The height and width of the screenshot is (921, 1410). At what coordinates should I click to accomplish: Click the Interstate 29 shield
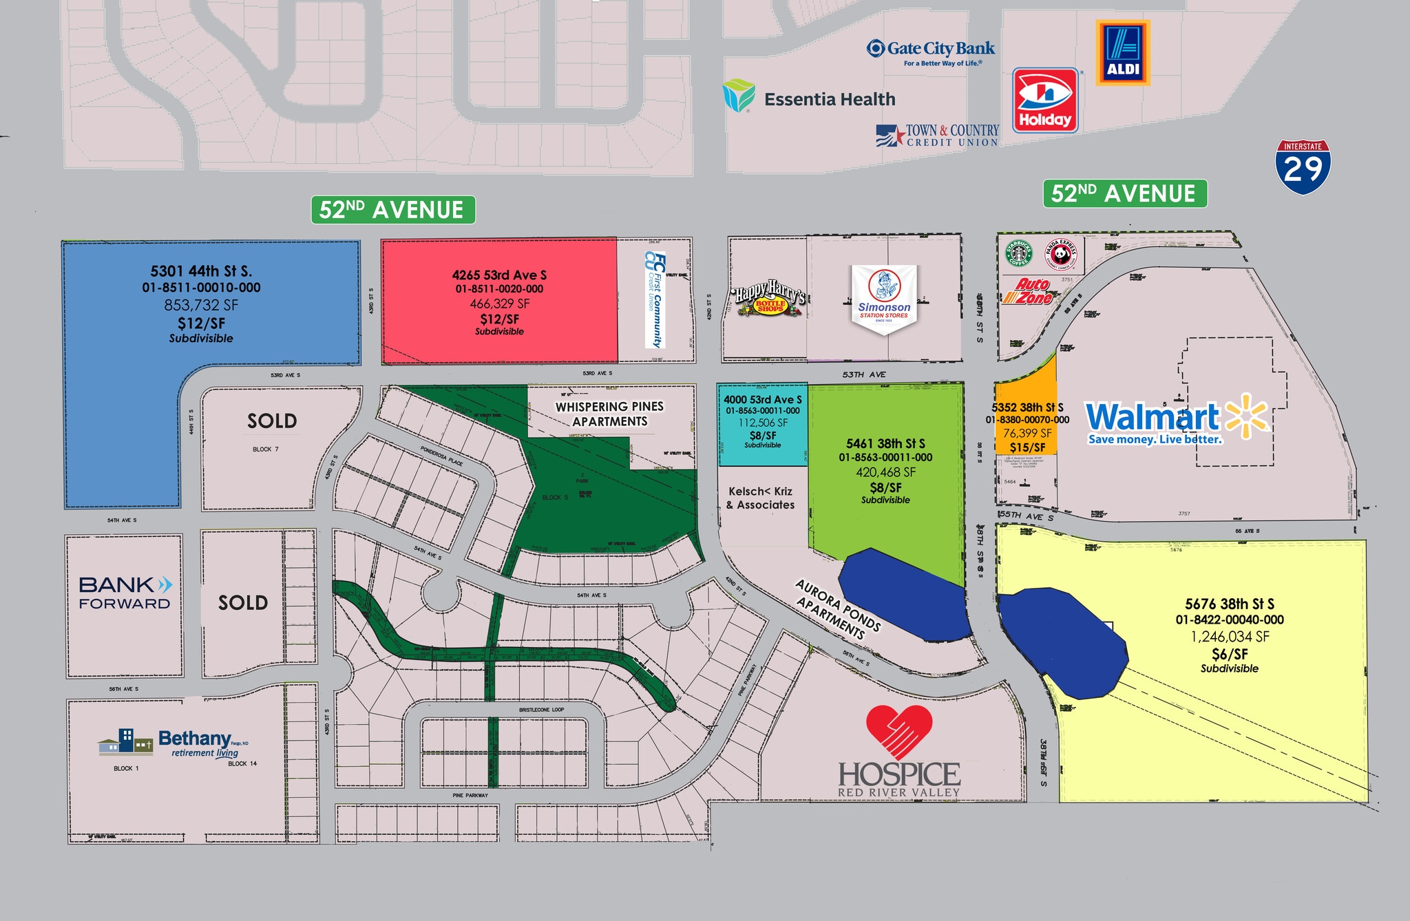click(x=1303, y=167)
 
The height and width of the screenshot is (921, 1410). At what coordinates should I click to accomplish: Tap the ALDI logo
click(x=1123, y=52)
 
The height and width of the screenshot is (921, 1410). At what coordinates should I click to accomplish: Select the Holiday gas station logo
click(x=1044, y=100)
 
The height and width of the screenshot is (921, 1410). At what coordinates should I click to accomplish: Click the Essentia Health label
click(x=829, y=100)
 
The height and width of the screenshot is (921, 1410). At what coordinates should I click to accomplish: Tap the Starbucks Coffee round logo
click(x=1019, y=253)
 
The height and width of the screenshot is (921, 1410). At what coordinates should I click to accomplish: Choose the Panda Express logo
click(x=1061, y=254)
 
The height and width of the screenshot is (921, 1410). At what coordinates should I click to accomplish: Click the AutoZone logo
click(x=1028, y=292)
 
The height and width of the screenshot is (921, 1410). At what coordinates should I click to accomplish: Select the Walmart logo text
click(x=1153, y=417)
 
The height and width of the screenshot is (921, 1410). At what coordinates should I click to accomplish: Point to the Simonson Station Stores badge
click(x=884, y=297)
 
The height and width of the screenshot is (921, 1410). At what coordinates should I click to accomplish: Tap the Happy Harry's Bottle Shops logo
click(x=770, y=301)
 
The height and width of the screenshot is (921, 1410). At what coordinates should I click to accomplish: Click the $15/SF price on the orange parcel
click(x=1027, y=447)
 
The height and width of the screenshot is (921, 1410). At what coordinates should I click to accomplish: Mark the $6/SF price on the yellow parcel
click(x=1230, y=654)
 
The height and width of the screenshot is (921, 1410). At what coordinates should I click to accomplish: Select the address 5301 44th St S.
click(x=201, y=271)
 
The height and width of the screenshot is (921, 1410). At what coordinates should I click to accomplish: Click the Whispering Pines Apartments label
click(x=610, y=414)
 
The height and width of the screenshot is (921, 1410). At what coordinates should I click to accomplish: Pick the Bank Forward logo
click(x=125, y=593)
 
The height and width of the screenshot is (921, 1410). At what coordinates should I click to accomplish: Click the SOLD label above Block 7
click(x=272, y=421)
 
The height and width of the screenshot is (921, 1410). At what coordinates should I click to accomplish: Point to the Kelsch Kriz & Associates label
click(x=761, y=498)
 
